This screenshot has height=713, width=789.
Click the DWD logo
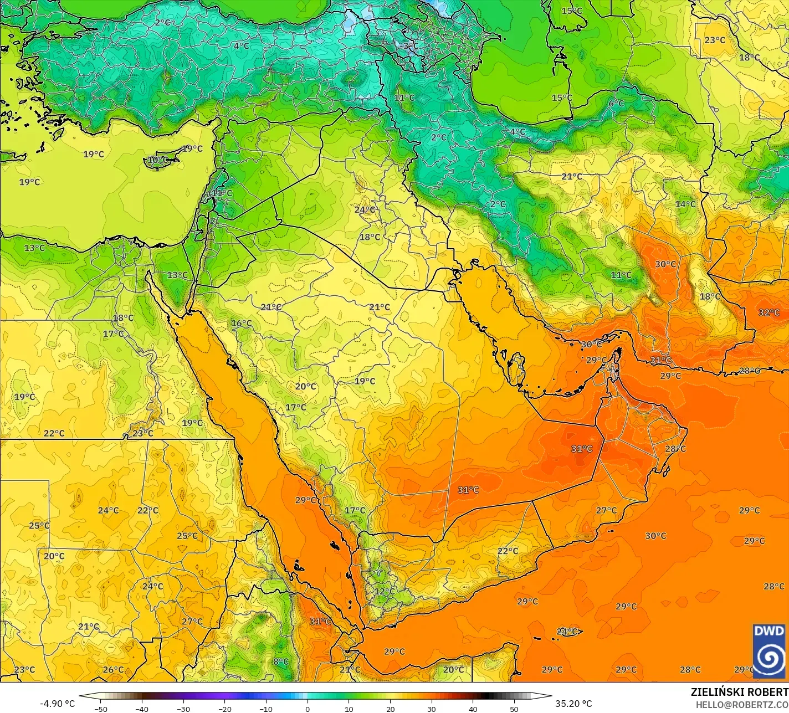coord(769,650)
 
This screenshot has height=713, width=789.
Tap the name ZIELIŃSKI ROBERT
coord(739,693)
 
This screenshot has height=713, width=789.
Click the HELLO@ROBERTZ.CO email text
coord(742,704)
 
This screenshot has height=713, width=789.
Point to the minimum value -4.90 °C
coord(57,704)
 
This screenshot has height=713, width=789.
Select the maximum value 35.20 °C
coord(573,704)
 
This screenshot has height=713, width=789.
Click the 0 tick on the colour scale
coord(308,709)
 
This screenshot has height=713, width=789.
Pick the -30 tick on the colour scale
coord(183,709)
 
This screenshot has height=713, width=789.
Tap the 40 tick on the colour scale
coord(473,709)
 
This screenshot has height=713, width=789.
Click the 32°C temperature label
coord(768,312)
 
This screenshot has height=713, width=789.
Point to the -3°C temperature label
coord(408,45)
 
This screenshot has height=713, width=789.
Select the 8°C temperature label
coord(281,661)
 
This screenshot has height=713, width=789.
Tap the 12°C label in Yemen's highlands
coord(384,591)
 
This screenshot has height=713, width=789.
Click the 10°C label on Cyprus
coord(157,160)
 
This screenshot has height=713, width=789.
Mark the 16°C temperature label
coord(241,323)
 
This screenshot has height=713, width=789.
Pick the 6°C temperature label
coord(616,104)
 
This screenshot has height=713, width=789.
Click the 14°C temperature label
coord(685,204)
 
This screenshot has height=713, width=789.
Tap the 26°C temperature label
coord(113,669)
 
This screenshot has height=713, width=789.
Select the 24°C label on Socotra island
coord(567,632)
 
